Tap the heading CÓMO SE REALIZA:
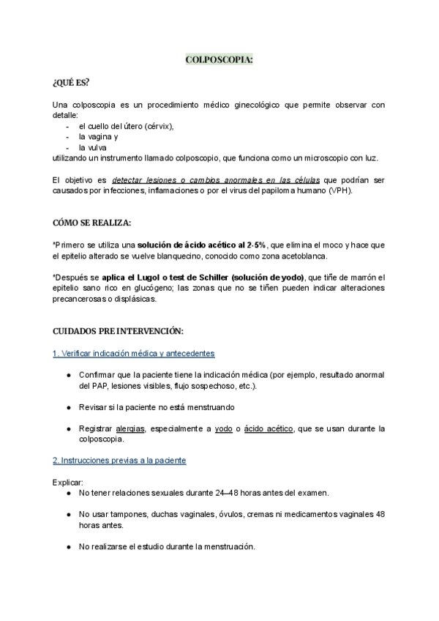pyautogui.click(x=92, y=223)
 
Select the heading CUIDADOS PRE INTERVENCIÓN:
pyautogui.click(x=113, y=331)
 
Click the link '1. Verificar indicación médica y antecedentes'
pyautogui.click(x=133, y=354)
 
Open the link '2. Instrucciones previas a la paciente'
pyautogui.click(x=119, y=461)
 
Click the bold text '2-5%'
pyautogui.click(x=253, y=245)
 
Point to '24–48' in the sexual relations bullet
pyautogui.click(x=241, y=493)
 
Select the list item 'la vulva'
pyautogui.click(x=93, y=148)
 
